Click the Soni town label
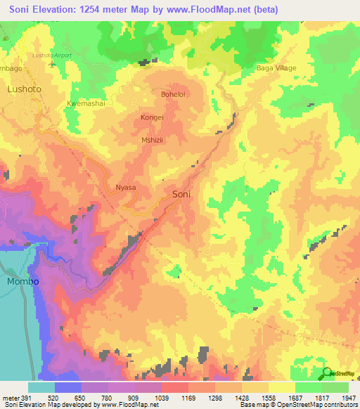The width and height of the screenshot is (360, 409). (181, 193)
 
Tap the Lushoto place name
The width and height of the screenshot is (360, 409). (24, 89)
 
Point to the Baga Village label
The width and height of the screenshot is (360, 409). (275, 68)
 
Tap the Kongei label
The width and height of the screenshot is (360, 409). (152, 117)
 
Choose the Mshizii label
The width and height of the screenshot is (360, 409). (153, 139)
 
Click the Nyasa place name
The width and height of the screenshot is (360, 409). (125, 188)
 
